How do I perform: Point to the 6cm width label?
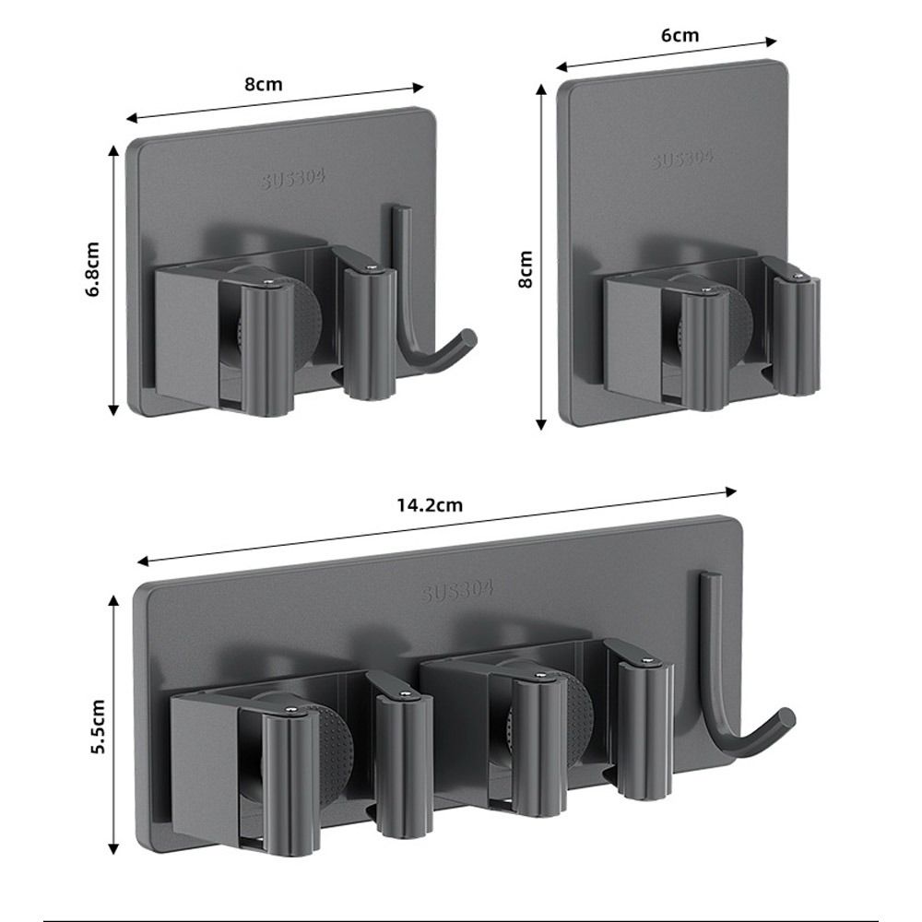coord(680,36)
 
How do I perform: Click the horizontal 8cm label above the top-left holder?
coord(263,84)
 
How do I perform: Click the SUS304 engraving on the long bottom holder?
coord(458,589)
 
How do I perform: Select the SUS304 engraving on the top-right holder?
coord(682,158)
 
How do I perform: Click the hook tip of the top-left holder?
coord(469,336)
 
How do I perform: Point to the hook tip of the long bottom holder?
coord(786,716)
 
